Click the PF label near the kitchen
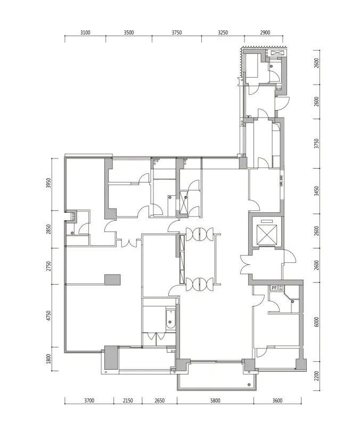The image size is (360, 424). tap(274, 288)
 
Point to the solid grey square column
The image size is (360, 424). tap(112, 280)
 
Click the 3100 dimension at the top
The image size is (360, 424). tap(85, 33)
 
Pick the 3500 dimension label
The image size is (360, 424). tap(128, 33)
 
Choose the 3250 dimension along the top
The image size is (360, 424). tap(223, 33)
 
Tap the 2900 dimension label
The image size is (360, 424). tap(265, 33)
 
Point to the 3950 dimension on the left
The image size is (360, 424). tap(48, 184)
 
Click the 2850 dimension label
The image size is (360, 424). tap(48, 230)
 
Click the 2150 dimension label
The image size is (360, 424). tap(128, 401)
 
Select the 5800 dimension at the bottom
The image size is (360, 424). tap(215, 401)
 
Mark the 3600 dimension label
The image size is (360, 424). tap(277, 401)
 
